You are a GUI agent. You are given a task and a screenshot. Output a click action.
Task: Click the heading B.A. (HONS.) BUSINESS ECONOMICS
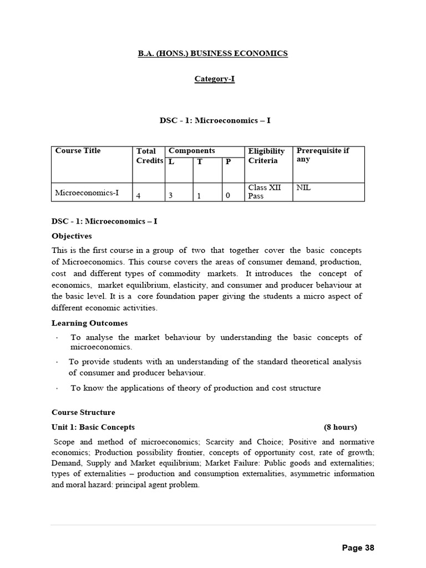[x=213, y=53]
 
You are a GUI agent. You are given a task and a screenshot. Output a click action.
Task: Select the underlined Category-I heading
[x=214, y=79]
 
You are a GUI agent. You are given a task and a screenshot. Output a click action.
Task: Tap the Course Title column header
[x=78, y=151]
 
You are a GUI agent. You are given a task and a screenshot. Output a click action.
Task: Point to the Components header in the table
[x=191, y=151]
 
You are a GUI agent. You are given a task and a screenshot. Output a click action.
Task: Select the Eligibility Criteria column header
[x=267, y=156]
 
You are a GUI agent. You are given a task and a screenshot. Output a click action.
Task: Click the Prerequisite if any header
[x=323, y=155]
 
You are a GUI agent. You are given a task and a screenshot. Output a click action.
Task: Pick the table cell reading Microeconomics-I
[x=87, y=193]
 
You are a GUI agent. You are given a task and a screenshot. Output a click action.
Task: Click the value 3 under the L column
[x=171, y=196]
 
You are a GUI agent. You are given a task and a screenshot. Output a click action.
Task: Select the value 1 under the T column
[x=198, y=196]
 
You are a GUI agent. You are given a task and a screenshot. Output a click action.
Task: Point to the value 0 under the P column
[x=227, y=196]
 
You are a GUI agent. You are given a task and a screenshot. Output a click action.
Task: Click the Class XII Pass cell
[x=265, y=192]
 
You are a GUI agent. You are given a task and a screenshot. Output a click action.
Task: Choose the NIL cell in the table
[x=304, y=188]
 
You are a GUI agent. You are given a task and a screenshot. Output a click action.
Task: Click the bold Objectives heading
[x=72, y=236]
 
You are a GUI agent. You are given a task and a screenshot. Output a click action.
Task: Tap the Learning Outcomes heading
[x=89, y=323]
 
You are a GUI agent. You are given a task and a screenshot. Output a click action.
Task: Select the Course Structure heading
[x=83, y=412]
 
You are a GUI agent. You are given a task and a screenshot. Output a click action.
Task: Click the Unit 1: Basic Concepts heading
[x=93, y=427]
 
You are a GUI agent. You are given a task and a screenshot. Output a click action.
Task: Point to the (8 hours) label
[x=341, y=427]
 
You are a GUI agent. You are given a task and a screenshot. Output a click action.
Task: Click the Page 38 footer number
[x=358, y=548]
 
